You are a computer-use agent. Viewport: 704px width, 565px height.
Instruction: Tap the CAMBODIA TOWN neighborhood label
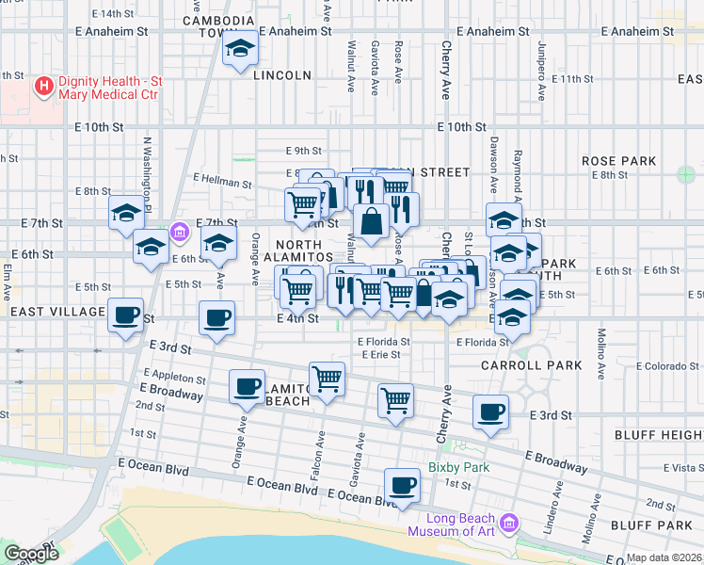(x=218, y=26)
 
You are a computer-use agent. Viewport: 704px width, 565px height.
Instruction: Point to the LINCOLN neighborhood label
(x=281, y=75)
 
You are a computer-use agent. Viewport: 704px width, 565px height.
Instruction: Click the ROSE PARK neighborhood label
(x=617, y=162)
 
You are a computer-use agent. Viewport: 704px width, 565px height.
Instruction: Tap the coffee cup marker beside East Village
(x=125, y=315)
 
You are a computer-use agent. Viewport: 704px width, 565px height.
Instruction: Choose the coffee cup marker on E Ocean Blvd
(x=402, y=486)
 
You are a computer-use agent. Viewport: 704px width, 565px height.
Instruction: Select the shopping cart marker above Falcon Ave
(x=327, y=379)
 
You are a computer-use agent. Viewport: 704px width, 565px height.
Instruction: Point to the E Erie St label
(x=381, y=355)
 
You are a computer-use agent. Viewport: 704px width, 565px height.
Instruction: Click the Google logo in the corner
(x=31, y=554)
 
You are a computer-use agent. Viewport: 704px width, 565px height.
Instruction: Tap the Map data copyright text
(x=664, y=557)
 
